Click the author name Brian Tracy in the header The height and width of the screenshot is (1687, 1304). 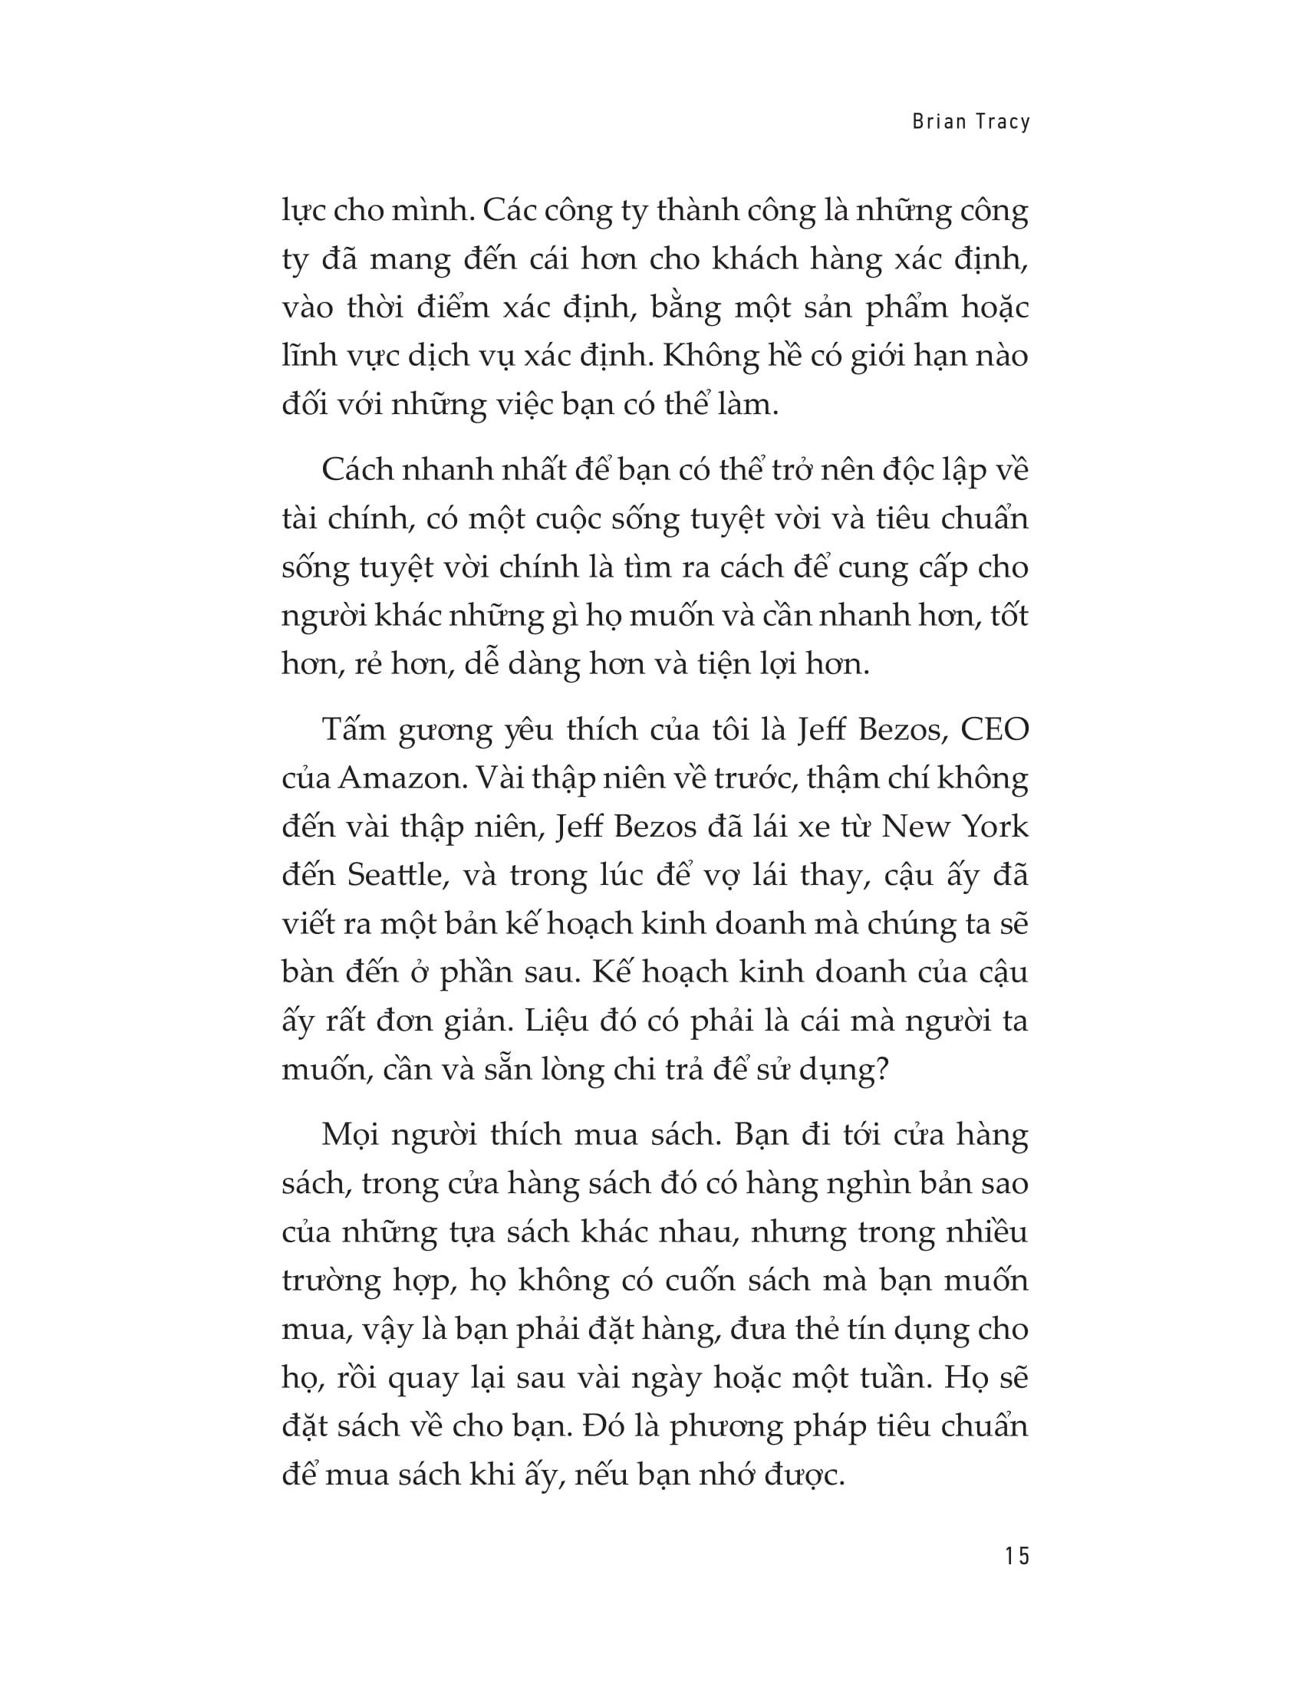[971, 123]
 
